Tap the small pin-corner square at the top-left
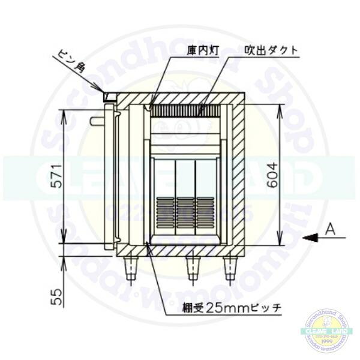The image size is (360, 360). [109, 96]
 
